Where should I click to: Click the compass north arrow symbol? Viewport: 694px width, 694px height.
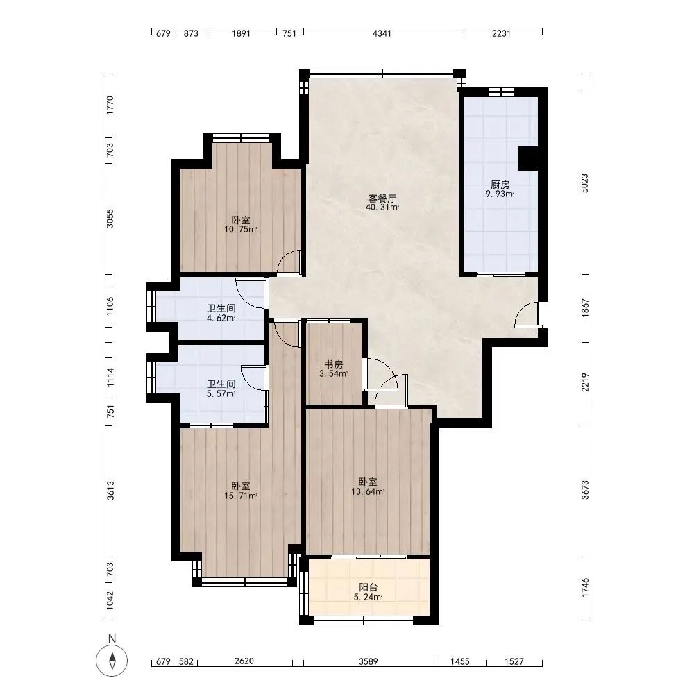pos(112,661)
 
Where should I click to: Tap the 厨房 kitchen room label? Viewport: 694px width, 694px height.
pos(500,185)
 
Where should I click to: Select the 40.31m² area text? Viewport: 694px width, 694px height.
pos(382,207)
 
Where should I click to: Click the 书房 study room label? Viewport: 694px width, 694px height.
pos(334,364)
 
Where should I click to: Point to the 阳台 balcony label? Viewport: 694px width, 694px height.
pos(369,587)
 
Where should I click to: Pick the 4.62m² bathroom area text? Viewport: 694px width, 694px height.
pos(221,318)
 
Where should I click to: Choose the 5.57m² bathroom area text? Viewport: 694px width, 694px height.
pos(221,393)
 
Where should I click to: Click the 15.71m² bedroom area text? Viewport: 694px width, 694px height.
pos(241,496)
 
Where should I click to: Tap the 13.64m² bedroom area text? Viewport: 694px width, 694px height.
pos(368,491)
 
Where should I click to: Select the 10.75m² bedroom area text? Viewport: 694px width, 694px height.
pos(241,229)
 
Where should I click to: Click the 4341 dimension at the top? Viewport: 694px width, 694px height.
pos(382,33)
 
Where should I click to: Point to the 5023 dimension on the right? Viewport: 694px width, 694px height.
pos(585,183)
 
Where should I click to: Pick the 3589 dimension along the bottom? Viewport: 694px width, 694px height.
pos(369,661)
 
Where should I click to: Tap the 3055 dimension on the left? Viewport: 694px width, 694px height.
pos(110,219)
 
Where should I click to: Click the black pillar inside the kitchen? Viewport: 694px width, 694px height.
pos(528,158)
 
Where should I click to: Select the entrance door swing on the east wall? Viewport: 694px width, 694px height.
pos(526,314)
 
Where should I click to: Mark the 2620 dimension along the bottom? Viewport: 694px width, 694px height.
pos(244,661)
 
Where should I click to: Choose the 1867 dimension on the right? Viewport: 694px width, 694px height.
pos(585,307)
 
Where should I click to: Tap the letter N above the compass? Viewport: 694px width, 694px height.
pos(112,638)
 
